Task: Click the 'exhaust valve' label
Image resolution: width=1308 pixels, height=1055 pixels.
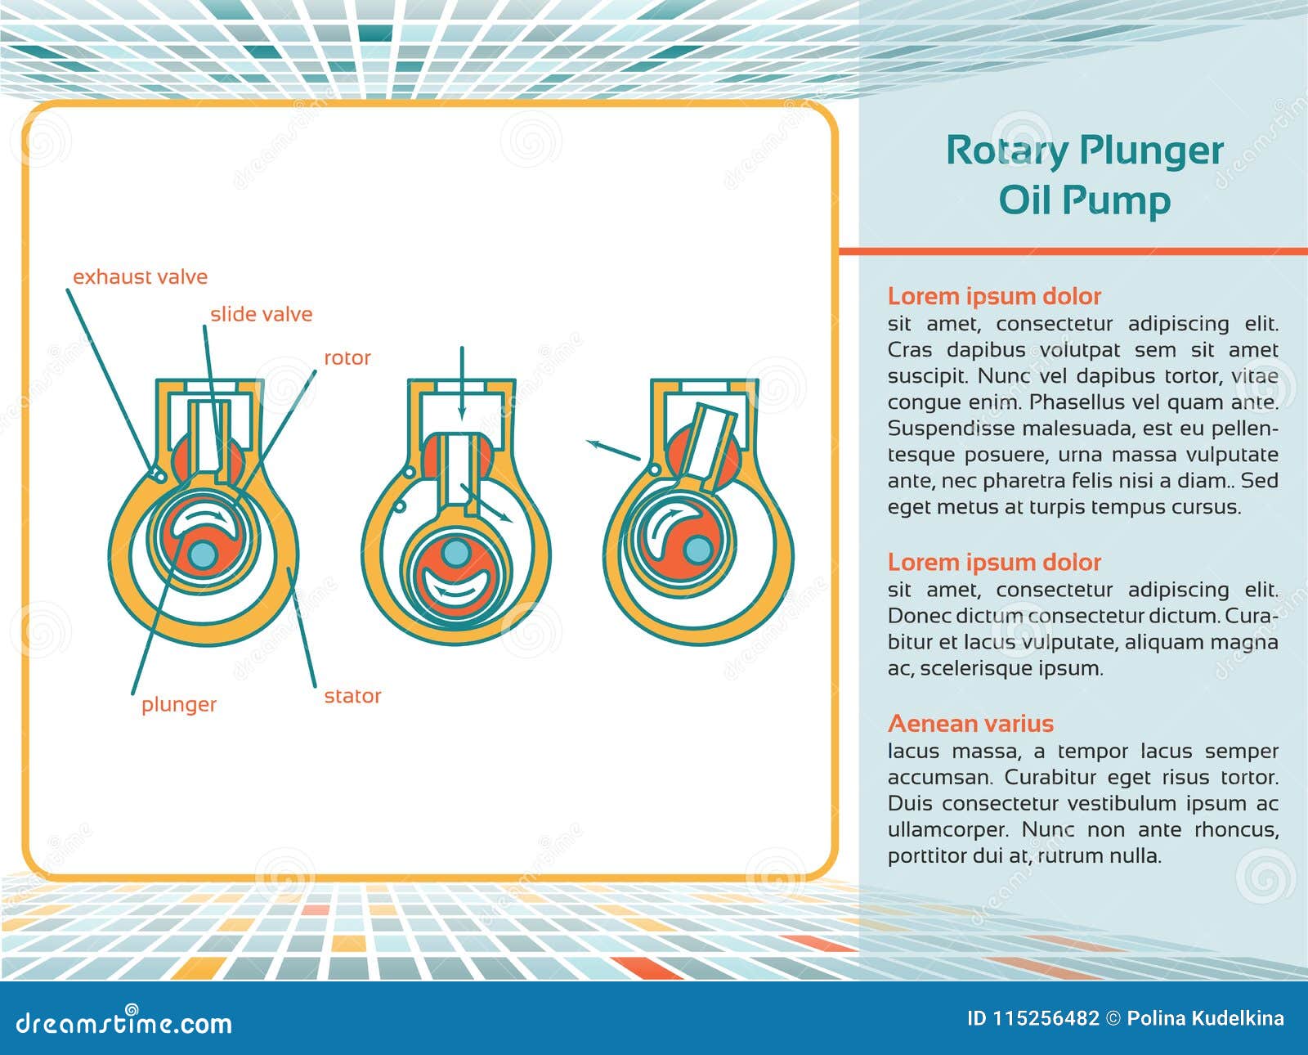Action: tap(140, 277)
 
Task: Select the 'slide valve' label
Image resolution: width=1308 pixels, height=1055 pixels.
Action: tap(261, 315)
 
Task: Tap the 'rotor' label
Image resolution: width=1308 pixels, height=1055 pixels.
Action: tap(347, 358)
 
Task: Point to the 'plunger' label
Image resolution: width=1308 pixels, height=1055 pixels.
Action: tap(178, 705)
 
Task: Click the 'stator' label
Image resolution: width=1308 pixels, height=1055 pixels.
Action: tap(352, 697)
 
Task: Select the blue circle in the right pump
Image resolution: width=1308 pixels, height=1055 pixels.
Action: tap(697, 550)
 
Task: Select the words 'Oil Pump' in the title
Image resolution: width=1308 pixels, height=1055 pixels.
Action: tap(1084, 200)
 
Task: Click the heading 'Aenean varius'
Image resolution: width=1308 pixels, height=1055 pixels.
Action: tap(970, 724)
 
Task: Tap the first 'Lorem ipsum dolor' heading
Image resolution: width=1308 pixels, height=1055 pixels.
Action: tap(994, 296)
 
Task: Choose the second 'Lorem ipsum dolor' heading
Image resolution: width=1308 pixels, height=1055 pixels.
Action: tap(994, 563)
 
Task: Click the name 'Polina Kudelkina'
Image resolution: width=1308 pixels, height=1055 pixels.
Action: tap(1205, 1019)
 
